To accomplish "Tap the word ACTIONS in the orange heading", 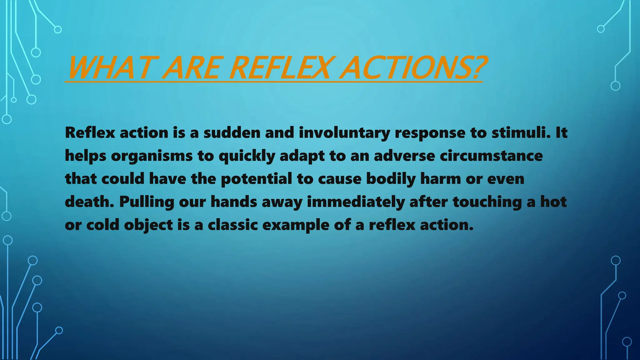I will [403, 68].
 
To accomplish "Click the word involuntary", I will [344, 133].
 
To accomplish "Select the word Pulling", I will [146, 202].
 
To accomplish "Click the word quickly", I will [247, 156].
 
